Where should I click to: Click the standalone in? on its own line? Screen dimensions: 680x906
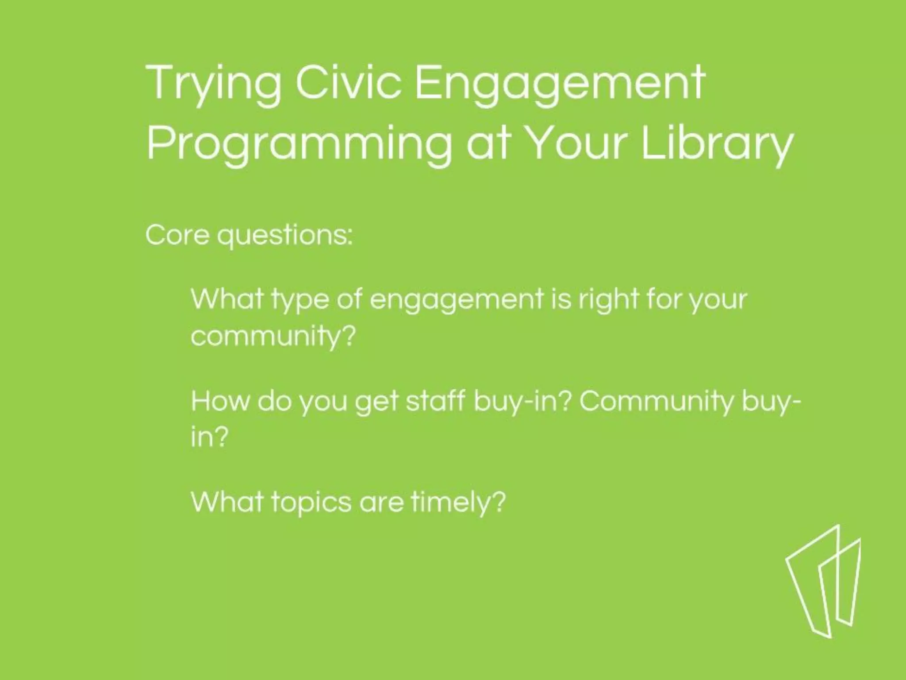(209, 437)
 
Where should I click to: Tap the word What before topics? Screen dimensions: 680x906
(227, 502)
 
